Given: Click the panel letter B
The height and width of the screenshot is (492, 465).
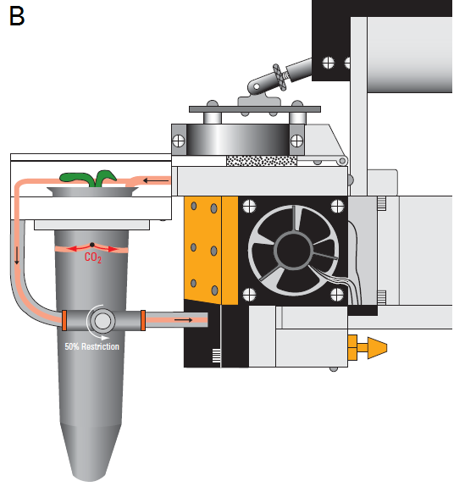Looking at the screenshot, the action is point(17,16).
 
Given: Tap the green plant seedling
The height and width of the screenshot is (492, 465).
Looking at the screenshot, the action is point(89,179).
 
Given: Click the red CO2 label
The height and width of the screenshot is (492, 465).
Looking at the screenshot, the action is point(93,257).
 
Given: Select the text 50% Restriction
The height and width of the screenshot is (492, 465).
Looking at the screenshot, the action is point(92,346).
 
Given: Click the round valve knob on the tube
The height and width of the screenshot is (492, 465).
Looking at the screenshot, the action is point(102,321).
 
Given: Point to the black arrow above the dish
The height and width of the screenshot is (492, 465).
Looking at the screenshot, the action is point(156,180).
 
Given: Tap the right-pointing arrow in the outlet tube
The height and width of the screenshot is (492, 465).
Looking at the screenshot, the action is point(184,320).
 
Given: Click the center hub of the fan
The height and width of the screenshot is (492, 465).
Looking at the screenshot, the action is point(293,251).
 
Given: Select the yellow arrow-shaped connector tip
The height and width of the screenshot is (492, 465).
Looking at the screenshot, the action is point(377,348).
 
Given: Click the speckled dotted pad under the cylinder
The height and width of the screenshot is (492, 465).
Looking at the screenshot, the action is point(262,161).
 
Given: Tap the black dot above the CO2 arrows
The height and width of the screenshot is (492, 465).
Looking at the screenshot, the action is point(92,245).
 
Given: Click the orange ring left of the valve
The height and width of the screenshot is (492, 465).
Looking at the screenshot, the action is point(64,320).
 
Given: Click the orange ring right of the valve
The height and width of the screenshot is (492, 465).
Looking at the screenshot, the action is point(143,320).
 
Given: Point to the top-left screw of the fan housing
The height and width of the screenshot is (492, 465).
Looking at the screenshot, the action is point(250,207).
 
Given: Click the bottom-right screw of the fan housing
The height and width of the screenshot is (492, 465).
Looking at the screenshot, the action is point(337,295).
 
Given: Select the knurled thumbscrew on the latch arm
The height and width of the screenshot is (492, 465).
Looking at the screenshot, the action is point(280,77).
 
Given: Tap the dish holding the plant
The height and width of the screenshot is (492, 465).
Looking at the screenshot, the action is point(92,191).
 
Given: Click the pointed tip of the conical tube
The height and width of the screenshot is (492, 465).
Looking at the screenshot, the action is point(90,480).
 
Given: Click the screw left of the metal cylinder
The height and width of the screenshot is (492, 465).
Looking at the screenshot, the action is point(179,141).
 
